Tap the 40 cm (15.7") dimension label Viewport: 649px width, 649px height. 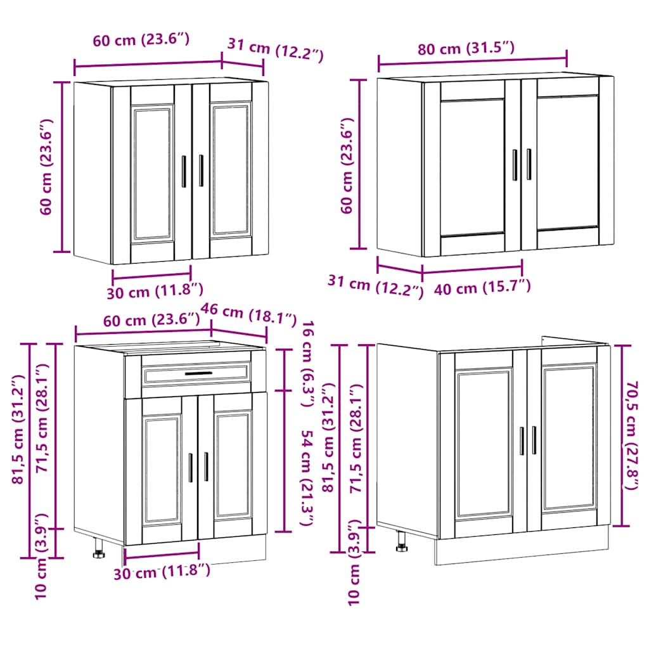tap(482, 288)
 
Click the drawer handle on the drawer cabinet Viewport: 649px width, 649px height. tap(198, 374)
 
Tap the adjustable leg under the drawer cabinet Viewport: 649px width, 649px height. tap(100, 548)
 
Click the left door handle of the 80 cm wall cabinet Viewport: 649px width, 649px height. tap(515, 165)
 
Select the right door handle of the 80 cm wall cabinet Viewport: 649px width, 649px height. tap(529, 165)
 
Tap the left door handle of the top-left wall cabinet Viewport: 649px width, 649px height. tap(184, 171)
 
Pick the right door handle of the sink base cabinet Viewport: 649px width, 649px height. tap(534, 440)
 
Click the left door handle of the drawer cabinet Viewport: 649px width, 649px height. tap(190, 467)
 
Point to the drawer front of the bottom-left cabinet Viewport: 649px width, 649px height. tap(196, 375)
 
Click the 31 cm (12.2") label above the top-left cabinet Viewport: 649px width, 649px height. tap(275, 50)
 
